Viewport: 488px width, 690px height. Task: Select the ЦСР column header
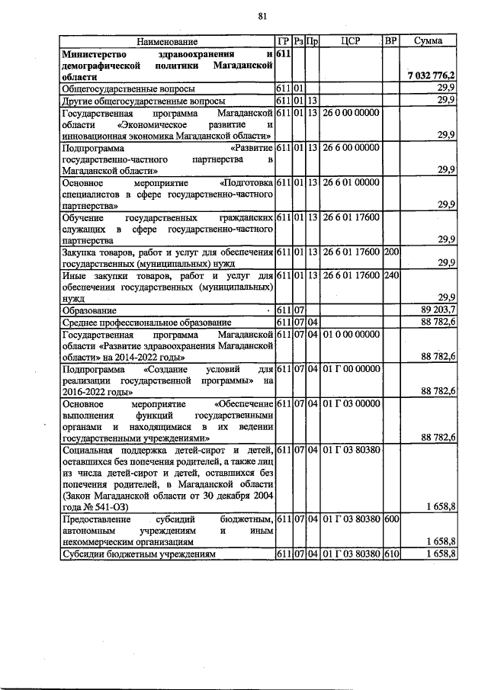[x=351, y=41]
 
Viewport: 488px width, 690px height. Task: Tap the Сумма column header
[x=430, y=41]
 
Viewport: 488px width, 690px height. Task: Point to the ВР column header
[x=391, y=41]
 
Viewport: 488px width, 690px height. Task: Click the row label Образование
[x=89, y=310]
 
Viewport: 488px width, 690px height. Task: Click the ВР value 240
[x=391, y=275]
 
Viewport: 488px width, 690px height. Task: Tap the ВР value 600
[x=391, y=518]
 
